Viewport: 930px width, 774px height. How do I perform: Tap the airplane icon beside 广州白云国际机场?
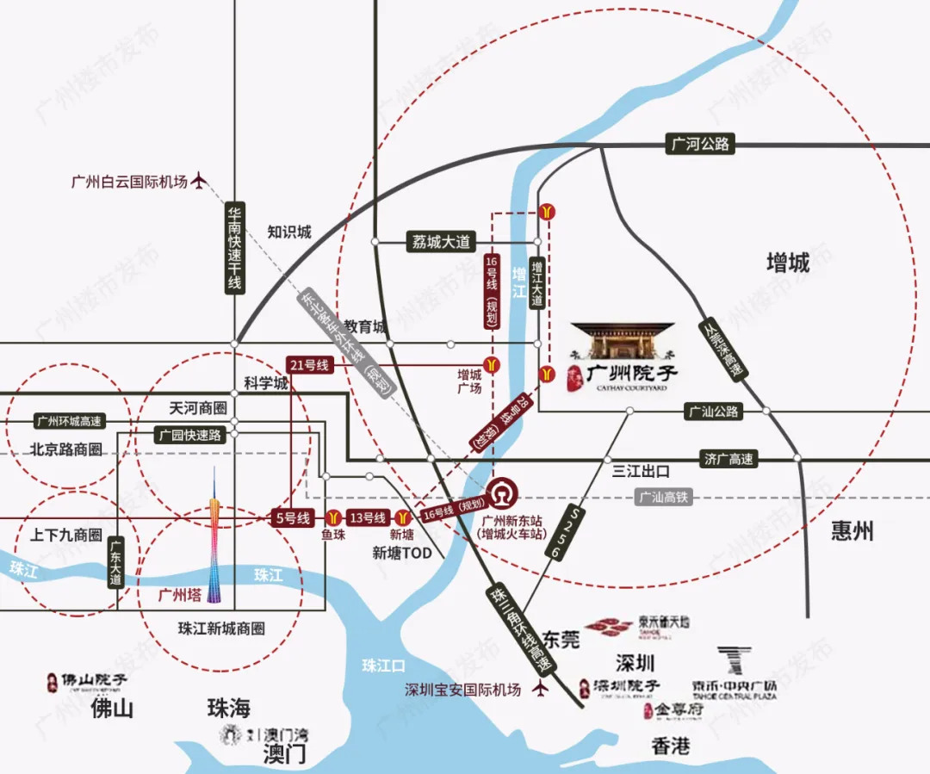click(201, 182)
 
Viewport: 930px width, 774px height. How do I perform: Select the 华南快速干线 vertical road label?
click(234, 247)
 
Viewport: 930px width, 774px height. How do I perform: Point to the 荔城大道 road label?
click(439, 242)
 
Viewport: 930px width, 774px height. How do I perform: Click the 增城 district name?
click(788, 263)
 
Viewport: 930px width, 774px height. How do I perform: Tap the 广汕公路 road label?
click(713, 412)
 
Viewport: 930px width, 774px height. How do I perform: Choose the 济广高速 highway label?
click(728, 459)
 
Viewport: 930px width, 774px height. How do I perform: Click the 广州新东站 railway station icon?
click(500, 496)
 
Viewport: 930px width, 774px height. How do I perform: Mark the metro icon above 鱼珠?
click(333, 517)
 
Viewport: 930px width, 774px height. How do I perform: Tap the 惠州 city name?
click(852, 530)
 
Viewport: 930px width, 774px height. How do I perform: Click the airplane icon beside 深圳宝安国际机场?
click(540, 690)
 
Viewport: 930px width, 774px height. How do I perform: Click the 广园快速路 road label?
click(189, 436)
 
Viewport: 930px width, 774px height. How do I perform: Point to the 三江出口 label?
click(641, 472)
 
